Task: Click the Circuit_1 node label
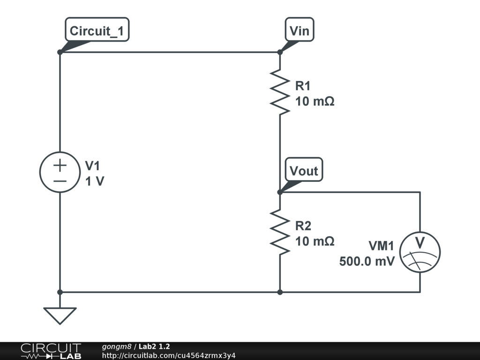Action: tap(97, 30)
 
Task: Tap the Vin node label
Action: tap(300, 30)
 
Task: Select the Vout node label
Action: tap(304, 170)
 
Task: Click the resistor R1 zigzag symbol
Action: tap(280, 92)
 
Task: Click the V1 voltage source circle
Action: tap(60, 172)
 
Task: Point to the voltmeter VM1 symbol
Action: tap(420, 252)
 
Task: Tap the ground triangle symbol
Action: tap(60, 315)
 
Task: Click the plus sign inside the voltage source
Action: tap(60, 165)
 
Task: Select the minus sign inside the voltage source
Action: tap(60, 181)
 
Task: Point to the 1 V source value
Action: tap(95, 181)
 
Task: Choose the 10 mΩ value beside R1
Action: tap(315, 101)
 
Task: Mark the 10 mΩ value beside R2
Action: tap(315, 241)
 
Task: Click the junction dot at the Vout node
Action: tap(280, 192)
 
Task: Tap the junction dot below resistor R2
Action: tap(280, 292)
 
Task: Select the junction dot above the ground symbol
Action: tap(60, 292)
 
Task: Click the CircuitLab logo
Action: tap(51, 351)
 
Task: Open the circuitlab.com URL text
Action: tap(169, 355)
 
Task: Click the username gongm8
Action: tap(117, 346)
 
